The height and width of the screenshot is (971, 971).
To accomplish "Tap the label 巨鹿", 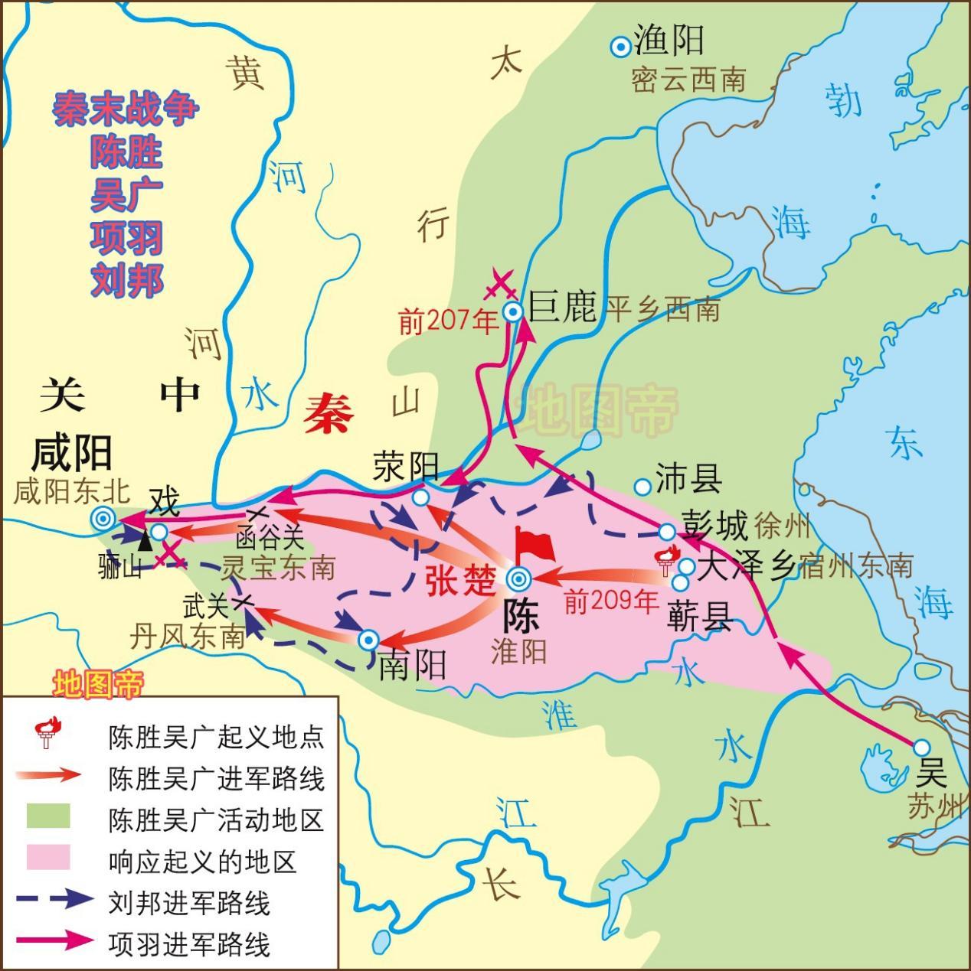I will point(562,309).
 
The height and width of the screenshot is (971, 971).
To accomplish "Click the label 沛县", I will point(688,480).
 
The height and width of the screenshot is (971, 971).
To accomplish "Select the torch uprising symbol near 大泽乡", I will point(665,560).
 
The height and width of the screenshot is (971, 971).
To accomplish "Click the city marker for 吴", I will point(921,747).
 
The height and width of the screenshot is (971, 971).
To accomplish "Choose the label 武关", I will point(205,607).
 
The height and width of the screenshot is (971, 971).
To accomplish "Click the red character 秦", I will point(328,414).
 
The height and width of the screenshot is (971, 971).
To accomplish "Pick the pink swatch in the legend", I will point(47,858).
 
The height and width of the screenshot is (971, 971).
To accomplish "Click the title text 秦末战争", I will point(126,110).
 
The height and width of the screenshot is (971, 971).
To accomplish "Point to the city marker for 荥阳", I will point(420,497).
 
